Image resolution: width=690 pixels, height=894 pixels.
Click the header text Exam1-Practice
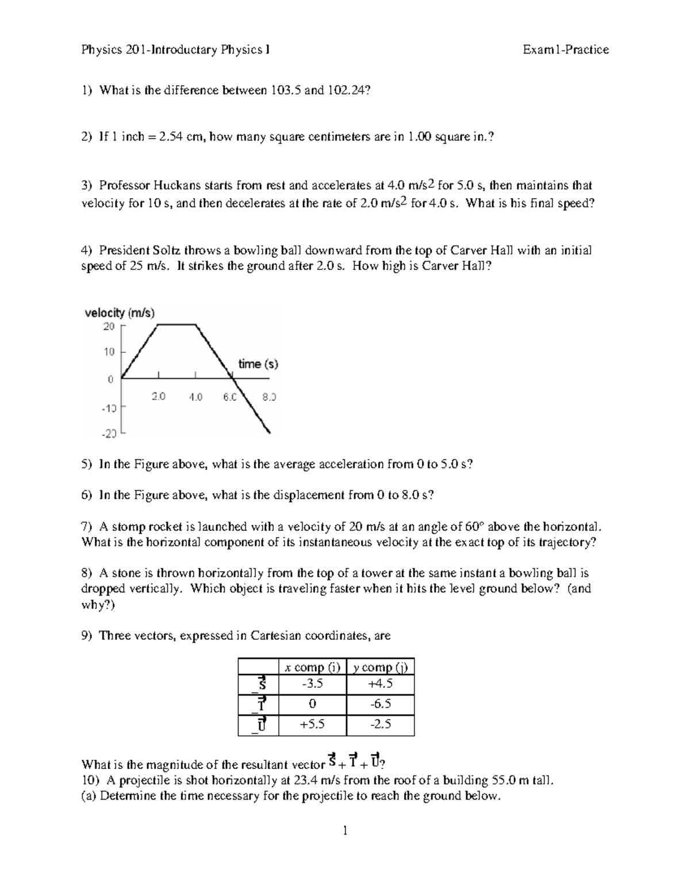pos(565,50)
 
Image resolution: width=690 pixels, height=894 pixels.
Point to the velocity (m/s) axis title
pos(120,313)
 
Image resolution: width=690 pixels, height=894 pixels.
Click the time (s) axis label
pos(258,364)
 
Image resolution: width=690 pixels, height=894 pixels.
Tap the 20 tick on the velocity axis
pos(109,326)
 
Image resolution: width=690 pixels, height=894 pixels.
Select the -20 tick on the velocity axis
pos(108,434)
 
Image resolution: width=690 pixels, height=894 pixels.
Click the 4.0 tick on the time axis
pos(195,397)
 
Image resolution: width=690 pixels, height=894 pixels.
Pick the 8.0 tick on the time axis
pos(269,397)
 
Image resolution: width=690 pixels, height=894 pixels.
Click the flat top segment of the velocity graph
pos(177,325)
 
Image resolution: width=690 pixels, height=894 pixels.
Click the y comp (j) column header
pos(380,667)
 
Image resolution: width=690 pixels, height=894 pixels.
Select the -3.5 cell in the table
pos(312,684)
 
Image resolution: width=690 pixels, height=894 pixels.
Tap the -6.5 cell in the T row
pos(380,704)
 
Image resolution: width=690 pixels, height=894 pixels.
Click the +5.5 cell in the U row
pos(312,724)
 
